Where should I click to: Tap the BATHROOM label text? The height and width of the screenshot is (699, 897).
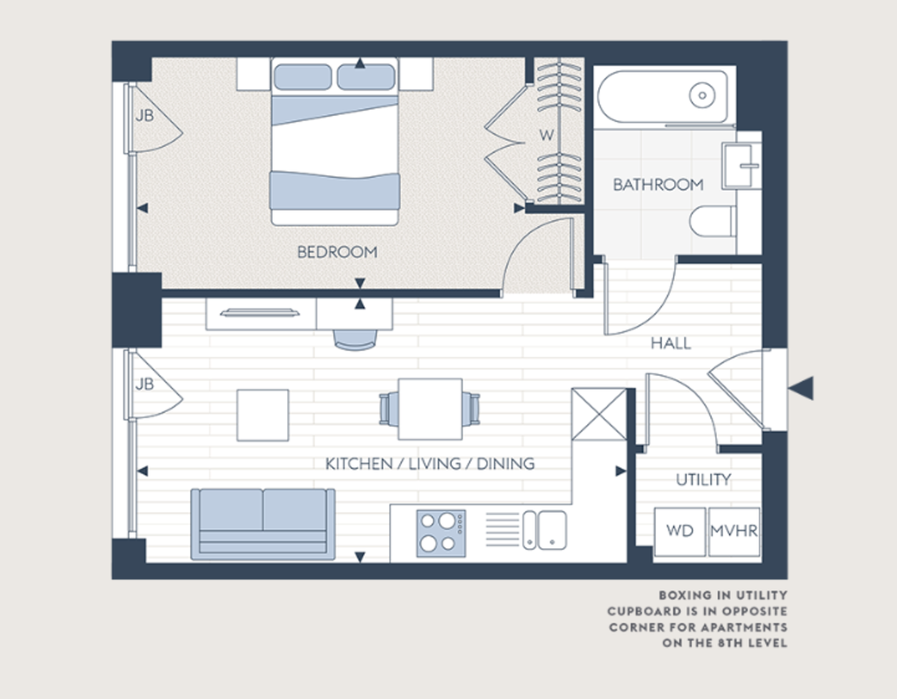point(658,184)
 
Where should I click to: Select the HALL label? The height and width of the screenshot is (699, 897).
point(671,343)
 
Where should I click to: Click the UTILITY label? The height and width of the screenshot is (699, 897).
point(703,479)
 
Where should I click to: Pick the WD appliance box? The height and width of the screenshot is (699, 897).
point(679,532)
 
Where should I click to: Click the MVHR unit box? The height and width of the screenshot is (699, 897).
point(734,532)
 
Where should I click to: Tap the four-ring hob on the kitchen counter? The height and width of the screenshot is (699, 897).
point(441,532)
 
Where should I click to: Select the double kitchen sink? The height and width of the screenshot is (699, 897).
point(544,529)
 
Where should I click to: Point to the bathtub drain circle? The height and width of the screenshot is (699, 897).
point(702,95)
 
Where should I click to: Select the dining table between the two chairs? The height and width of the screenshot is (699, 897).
point(430,409)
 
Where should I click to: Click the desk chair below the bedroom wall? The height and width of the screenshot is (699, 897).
point(356,339)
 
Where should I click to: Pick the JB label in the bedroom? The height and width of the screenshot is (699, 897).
point(144,116)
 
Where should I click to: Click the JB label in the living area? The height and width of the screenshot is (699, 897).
point(144,384)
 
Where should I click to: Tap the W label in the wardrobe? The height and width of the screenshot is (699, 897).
point(547,135)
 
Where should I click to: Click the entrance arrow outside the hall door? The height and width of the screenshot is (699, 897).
point(801,388)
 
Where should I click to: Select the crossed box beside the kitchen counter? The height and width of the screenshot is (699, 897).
point(598,413)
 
